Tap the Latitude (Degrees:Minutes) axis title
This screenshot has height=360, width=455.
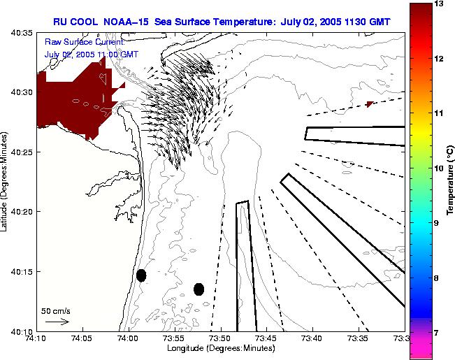pyautogui.click(x=6, y=181)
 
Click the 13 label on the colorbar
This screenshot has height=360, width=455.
pyautogui.click(x=440, y=4)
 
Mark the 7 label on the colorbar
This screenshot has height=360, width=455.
pyautogui.click(x=438, y=333)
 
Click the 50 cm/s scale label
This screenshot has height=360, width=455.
pyautogui.click(x=55, y=310)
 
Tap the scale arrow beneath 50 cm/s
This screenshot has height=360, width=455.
pyautogui.click(x=57, y=322)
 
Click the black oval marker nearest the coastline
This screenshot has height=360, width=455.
pyautogui.click(x=141, y=275)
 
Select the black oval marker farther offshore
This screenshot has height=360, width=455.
pyautogui.click(x=199, y=289)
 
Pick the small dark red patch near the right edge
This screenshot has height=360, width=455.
pyautogui.click(x=369, y=104)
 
